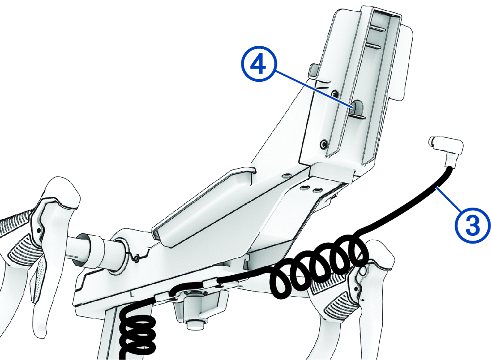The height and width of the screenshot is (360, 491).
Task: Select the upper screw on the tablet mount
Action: (x=336, y=93)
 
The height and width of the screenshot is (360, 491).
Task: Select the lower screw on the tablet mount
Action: (x=323, y=143)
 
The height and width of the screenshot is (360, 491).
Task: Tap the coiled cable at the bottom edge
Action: (x=138, y=332)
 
